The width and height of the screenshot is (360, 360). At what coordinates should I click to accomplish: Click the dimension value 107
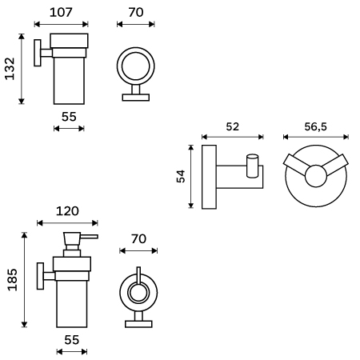(61, 13)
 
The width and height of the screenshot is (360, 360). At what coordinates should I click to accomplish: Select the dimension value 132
(10, 69)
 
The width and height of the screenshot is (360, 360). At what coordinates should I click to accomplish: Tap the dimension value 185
(13, 280)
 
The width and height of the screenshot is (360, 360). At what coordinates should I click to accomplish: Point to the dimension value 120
(67, 211)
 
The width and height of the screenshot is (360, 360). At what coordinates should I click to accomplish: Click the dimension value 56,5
(315, 126)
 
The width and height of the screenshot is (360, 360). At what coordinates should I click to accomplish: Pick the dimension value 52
(233, 126)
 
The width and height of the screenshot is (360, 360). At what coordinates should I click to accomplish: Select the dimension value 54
(181, 176)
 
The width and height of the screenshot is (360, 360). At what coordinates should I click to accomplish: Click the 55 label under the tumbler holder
(69, 117)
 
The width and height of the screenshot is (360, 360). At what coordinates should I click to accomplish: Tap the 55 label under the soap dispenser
(72, 340)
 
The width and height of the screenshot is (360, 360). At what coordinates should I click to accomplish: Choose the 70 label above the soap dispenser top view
(138, 239)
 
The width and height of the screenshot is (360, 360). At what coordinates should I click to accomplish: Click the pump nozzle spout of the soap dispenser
(89, 237)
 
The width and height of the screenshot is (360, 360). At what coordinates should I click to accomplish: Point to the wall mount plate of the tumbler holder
(38, 53)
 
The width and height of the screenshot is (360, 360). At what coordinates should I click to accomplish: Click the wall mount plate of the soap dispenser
(40, 276)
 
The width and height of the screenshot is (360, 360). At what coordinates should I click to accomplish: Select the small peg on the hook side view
(252, 166)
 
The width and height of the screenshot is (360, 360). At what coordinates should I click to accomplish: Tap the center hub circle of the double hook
(316, 176)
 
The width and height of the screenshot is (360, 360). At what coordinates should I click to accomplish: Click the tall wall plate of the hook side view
(209, 177)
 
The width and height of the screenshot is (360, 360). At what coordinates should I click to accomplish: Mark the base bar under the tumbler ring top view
(136, 98)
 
